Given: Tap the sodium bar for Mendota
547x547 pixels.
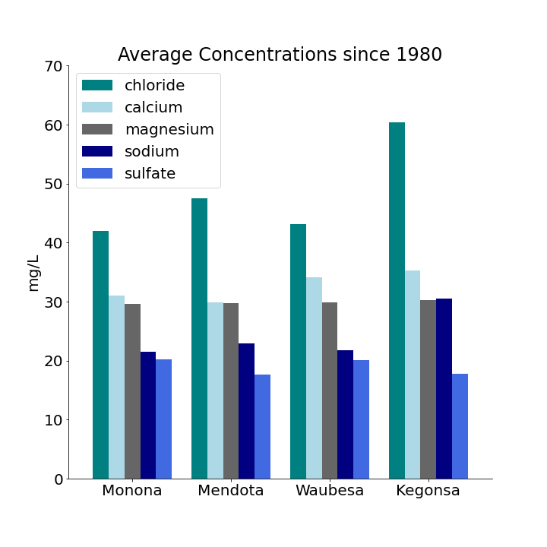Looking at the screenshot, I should coord(246,411).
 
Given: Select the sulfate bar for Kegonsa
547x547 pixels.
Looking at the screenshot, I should coord(460,426).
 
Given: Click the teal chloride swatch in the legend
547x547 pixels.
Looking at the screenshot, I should coord(97,86).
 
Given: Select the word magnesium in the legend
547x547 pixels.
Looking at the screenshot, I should coord(169,130).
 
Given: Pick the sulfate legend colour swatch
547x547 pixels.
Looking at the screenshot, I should coord(97,174).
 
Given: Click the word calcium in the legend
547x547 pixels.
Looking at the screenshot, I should coord(153,108).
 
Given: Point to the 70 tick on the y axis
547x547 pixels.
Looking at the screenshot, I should coord(52,66).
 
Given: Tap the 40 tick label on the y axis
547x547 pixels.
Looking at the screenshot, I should coord(52,243).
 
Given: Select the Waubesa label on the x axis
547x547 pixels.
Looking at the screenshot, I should coord(330,491).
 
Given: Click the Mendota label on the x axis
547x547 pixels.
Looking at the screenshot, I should coord(231,491).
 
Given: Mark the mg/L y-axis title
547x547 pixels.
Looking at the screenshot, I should coord(33,273).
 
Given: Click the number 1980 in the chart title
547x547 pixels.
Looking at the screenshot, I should coord(416,55).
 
